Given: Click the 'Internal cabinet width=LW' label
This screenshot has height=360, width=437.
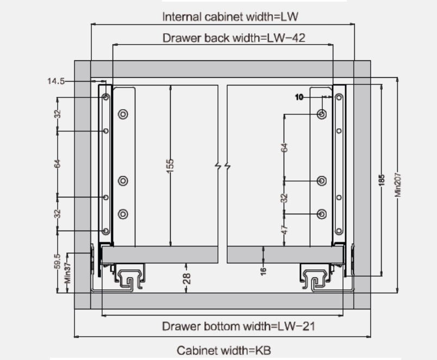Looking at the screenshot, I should click(x=230, y=16).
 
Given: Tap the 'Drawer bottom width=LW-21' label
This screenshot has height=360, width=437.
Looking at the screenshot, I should click(x=239, y=326).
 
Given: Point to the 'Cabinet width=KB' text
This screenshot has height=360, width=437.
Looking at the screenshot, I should click(x=223, y=351).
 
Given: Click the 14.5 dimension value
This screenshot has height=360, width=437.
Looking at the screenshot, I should click(x=56, y=81).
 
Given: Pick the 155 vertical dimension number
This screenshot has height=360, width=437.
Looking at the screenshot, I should click(x=170, y=165).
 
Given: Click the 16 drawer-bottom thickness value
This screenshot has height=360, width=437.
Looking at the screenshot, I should click(x=263, y=270).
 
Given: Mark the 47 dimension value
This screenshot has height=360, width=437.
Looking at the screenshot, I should click(x=284, y=229).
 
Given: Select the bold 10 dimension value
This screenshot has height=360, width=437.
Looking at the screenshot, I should click(x=299, y=97).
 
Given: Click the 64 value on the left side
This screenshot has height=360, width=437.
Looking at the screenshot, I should click(x=57, y=163).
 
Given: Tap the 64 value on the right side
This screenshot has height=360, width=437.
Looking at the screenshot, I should click(x=284, y=147).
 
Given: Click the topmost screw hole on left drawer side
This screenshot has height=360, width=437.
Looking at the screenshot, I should click(x=106, y=98).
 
